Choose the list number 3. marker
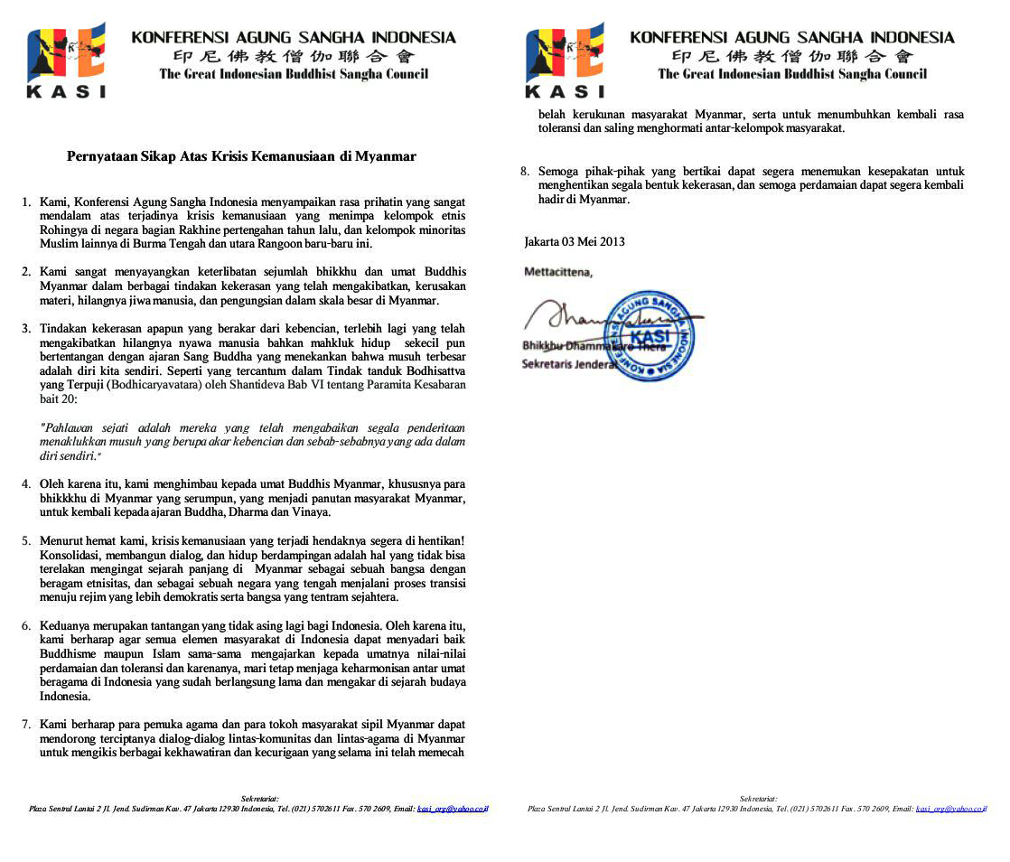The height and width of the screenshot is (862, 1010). click(x=27, y=328)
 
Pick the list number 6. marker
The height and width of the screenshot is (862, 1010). click(x=27, y=625)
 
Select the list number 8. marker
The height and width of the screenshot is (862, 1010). click(x=525, y=171)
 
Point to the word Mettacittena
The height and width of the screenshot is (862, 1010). click(x=558, y=271)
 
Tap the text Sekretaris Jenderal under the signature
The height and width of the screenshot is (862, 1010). click(x=569, y=363)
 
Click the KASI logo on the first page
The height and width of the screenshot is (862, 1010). click(x=67, y=60)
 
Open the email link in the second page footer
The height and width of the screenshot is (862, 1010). click(x=949, y=808)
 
